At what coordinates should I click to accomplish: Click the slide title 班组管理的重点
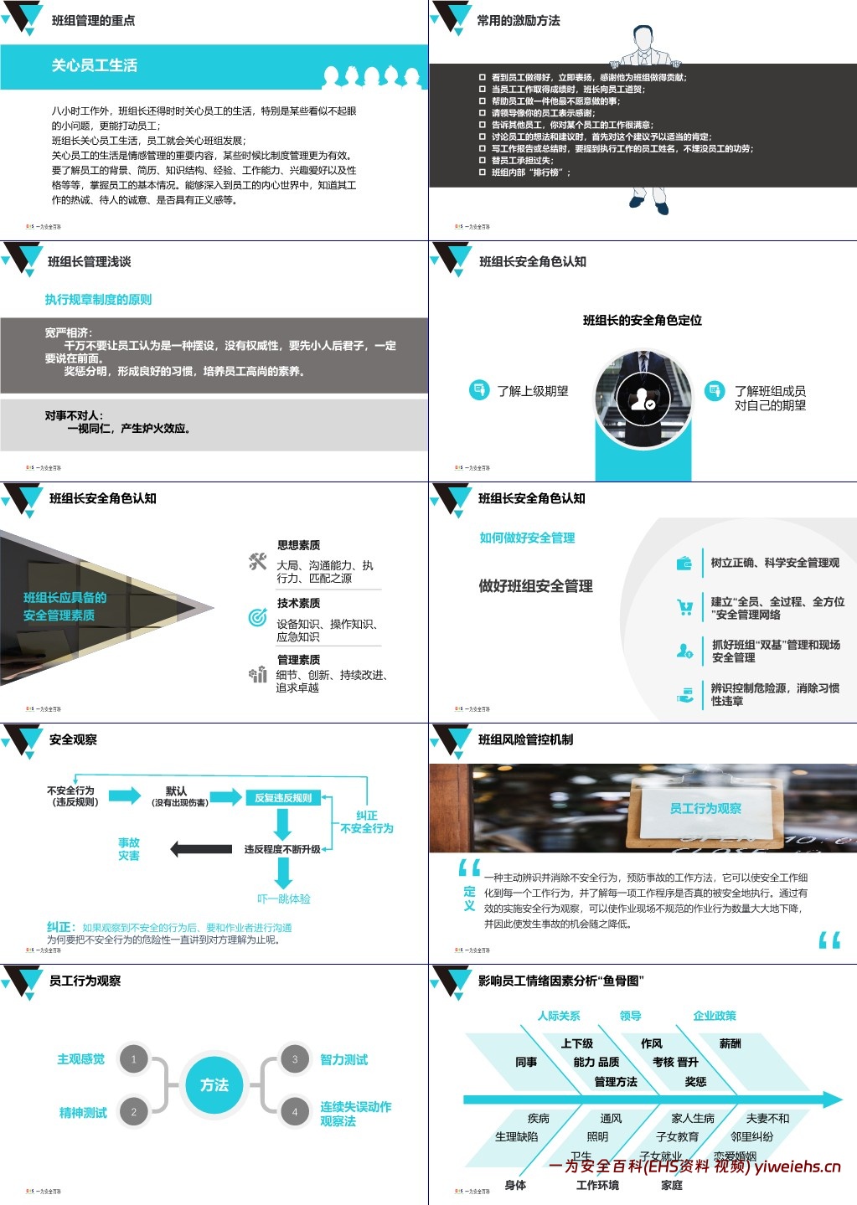[93, 20]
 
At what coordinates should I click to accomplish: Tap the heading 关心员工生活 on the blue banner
[94, 65]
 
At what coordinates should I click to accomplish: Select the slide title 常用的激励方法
[518, 20]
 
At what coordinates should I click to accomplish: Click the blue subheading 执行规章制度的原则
[98, 300]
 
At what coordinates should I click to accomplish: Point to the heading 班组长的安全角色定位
[642, 320]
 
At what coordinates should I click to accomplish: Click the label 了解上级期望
[533, 391]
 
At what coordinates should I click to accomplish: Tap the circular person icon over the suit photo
[643, 399]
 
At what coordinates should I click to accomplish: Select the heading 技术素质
[298, 603]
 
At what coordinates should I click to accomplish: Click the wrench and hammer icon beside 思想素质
[257, 563]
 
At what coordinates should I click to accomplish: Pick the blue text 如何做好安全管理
[527, 538]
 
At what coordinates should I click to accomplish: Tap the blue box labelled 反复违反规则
[283, 798]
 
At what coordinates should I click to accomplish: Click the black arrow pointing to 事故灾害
[200, 849]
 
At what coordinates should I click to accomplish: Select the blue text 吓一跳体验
[283, 899]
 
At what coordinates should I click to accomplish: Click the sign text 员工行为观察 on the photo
[705, 808]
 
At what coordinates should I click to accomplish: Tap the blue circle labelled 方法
[214, 1084]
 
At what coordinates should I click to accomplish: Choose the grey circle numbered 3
[295, 1059]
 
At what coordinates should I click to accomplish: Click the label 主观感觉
[80, 1059]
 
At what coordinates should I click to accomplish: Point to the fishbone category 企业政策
[714, 1016]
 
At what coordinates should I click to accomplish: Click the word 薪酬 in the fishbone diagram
[730, 1043]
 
